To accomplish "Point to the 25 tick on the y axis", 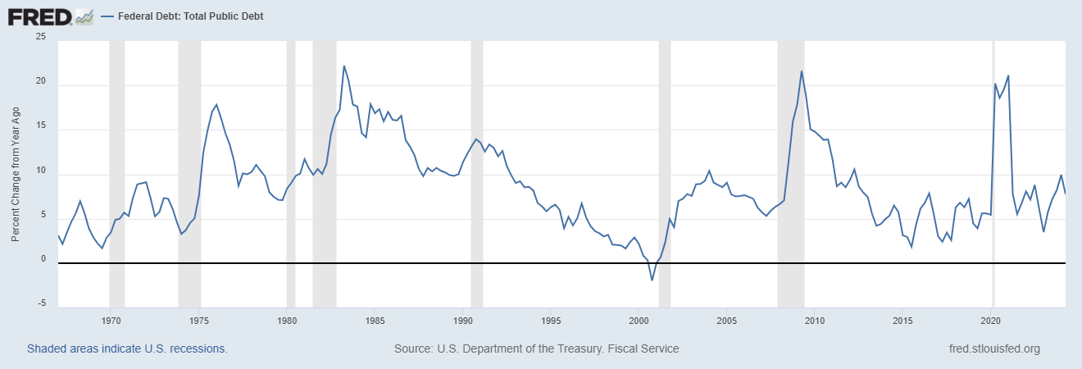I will pos(41,38).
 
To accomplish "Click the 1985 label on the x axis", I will pos(375,320).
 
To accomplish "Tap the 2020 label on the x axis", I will pos(992,320).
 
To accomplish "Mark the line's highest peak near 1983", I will pos(344,66).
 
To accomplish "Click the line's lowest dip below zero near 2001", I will pos(652,280).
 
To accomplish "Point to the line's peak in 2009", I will pos(802,71).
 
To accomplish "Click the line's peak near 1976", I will pos(216,104).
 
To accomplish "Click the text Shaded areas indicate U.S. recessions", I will pos(127,348).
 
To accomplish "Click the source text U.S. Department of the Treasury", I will pos(536,348).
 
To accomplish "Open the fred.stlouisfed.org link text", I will pos(993,348).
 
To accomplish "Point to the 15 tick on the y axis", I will pos(41,127).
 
